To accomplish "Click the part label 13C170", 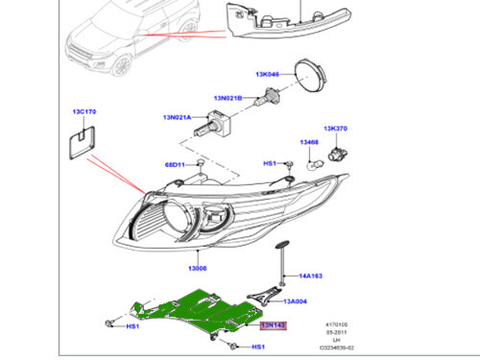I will click(x=84, y=112).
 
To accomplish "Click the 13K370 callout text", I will click(x=336, y=129).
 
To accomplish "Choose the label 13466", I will click(x=308, y=142).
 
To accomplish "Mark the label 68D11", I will click(x=176, y=165).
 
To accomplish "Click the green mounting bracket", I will click(x=202, y=308).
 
